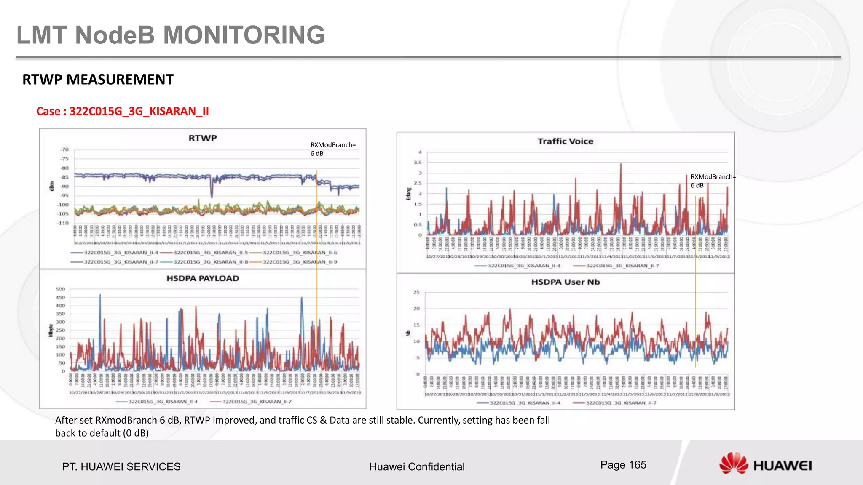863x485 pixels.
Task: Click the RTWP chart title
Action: pos(202,138)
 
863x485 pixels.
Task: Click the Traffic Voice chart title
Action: pos(565,141)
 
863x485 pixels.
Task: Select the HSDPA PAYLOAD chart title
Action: pos(202,278)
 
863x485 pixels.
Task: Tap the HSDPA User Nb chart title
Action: pos(565,282)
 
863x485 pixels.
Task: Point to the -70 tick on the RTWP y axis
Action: pos(64,149)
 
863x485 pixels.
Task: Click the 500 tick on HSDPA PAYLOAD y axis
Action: pos(60,289)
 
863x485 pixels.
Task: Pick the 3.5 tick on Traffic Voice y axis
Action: pos(417,163)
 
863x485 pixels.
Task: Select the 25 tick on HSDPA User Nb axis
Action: pos(416,292)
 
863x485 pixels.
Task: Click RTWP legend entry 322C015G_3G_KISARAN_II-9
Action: pos(300,262)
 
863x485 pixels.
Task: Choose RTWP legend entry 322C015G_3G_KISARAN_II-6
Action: pos(300,253)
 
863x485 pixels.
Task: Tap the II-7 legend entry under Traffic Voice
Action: pos(622,266)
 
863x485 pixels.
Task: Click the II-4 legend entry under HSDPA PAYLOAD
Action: pos(163,402)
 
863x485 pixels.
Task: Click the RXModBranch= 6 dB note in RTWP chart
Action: pos(333,149)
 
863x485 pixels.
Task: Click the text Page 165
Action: pos(623,465)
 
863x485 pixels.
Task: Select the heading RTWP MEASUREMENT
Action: pos(98,80)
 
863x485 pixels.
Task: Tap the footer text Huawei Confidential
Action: pos(416,466)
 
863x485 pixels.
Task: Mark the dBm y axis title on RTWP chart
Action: pos(52,186)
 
